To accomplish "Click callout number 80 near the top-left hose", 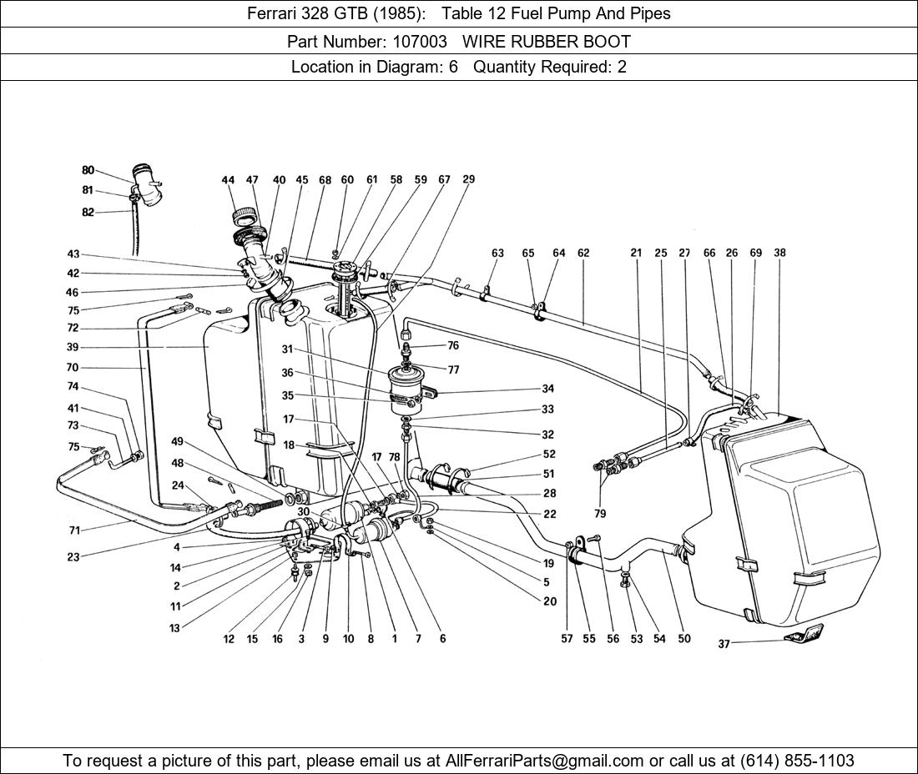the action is point(88,170).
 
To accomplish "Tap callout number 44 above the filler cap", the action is point(228,180).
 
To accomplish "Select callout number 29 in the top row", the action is point(468,179).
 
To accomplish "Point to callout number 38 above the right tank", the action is point(779,253).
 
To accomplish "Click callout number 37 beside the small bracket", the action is point(724,644).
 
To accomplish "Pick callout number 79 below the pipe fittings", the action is point(600,514).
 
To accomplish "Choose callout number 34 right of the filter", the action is point(547,389).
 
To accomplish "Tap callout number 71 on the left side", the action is point(73,530).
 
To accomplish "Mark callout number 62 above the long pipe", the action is point(583,253).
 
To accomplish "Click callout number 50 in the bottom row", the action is point(684,639).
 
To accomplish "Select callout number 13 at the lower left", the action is point(174,628).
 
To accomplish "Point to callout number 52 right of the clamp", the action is point(549,454).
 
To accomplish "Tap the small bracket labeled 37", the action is point(803,633).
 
